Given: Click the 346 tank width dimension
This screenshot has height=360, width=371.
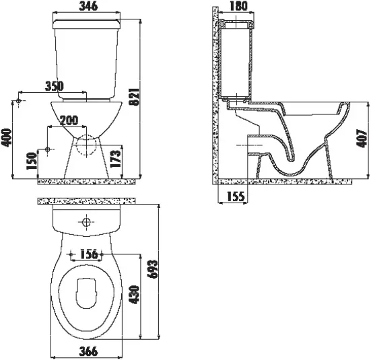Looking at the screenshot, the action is point(88,6).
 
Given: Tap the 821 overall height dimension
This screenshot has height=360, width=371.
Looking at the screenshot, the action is point(135,97).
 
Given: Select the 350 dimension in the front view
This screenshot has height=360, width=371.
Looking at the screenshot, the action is point(55,86).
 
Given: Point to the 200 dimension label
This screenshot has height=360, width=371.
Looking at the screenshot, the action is point(69,120).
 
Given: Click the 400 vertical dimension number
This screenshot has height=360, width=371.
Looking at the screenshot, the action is point(6,138).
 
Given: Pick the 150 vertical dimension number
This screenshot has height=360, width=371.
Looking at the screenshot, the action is point(32,161).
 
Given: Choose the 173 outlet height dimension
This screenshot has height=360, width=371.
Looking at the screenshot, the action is point(116,159).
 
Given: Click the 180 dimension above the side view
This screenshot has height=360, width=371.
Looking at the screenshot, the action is point(238,6).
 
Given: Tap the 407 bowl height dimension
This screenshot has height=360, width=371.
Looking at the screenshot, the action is point(362,139).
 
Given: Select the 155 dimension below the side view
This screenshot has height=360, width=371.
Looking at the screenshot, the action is point(236,196).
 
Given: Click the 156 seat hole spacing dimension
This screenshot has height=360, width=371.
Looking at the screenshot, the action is point(89,254).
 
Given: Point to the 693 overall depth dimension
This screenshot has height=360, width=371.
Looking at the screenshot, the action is point(152,269).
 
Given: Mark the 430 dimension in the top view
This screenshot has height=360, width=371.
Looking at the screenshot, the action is point(134,295).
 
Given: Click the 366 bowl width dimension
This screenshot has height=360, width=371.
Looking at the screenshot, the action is point(88,351).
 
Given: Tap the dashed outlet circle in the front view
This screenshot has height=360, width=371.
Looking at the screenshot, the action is point(86,145).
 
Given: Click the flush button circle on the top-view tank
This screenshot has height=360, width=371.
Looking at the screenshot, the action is point(86,222).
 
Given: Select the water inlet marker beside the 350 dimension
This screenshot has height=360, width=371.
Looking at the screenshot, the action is point(19,101).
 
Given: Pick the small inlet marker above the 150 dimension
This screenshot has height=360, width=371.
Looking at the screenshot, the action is point(47,149).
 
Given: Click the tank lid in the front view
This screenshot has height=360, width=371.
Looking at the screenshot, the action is point(86,24).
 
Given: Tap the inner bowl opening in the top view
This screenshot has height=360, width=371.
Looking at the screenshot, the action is point(86,293).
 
